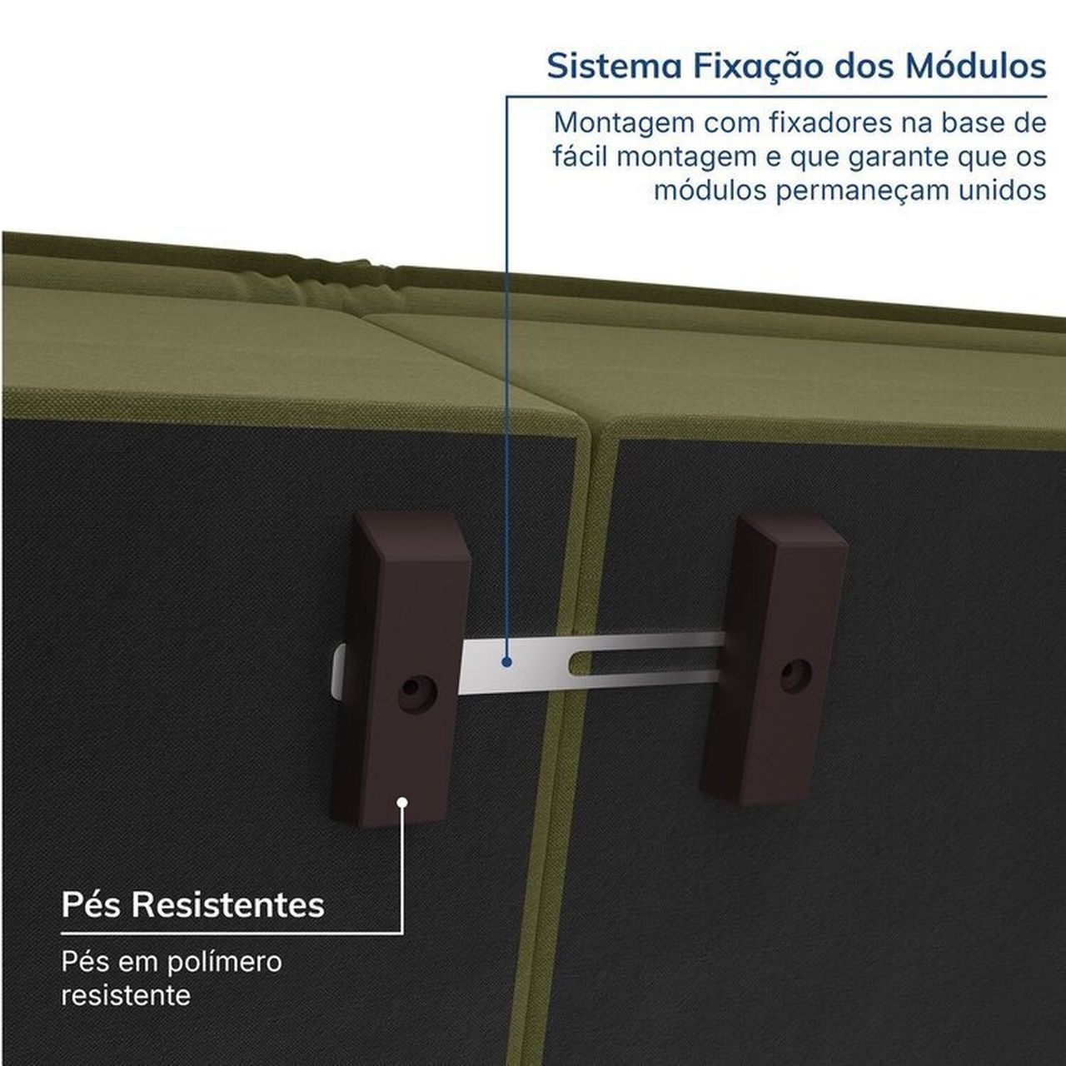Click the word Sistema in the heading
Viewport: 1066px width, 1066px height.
[x=614, y=66]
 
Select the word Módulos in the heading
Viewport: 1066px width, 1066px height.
[x=975, y=66]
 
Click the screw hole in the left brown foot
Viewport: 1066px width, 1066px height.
[x=416, y=692]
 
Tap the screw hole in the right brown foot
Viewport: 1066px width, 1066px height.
[x=795, y=675]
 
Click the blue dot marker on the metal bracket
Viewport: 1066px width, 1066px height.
[x=506, y=661]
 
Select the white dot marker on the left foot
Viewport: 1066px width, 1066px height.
[x=403, y=801]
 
